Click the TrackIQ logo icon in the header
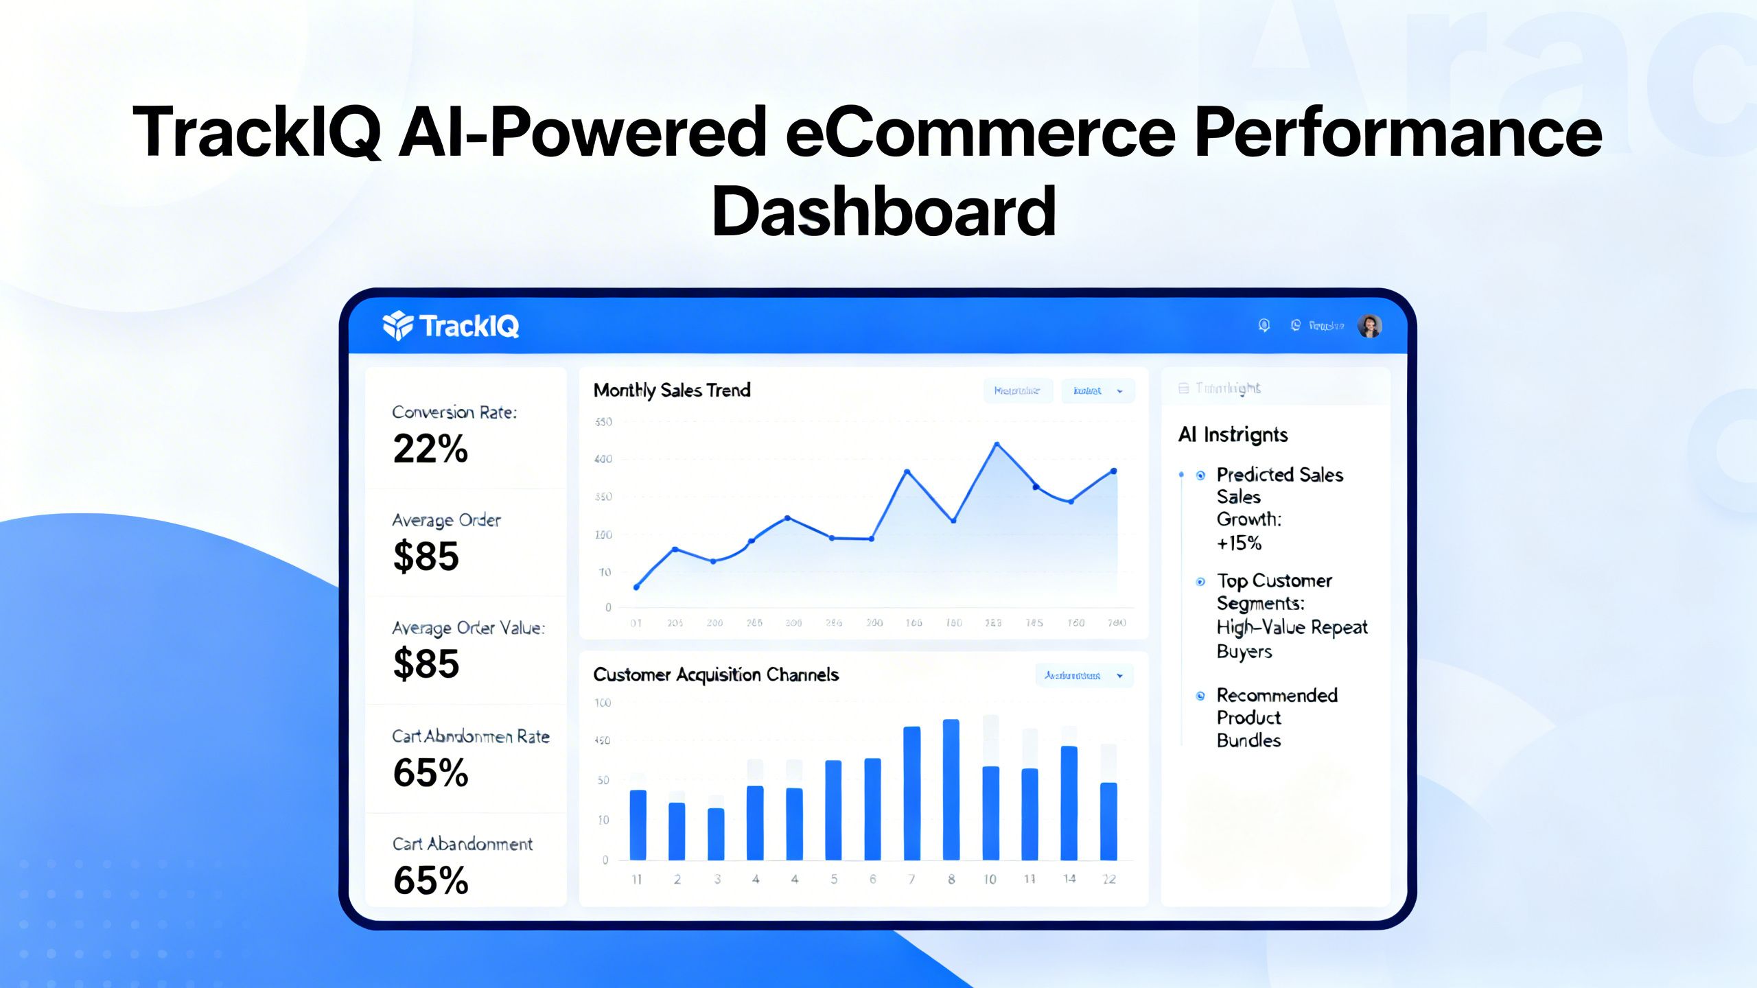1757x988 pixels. pyautogui.click(x=398, y=325)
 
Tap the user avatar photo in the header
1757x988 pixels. pyautogui.click(x=1369, y=326)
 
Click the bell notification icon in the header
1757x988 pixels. pyautogui.click(x=1264, y=325)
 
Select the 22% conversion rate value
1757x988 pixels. pyautogui.click(x=430, y=449)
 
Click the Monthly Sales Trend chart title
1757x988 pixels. pyautogui.click(x=672, y=390)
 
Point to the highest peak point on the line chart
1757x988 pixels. pyautogui.click(x=997, y=445)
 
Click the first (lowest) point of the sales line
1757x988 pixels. pyautogui.click(x=636, y=587)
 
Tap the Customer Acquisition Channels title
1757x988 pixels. pyautogui.click(x=716, y=675)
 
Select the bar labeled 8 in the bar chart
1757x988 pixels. pyautogui.click(x=951, y=790)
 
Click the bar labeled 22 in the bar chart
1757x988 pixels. pyautogui.click(x=1108, y=821)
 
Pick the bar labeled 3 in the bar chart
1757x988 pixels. pyautogui.click(x=716, y=834)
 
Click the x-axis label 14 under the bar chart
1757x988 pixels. pyautogui.click(x=1069, y=879)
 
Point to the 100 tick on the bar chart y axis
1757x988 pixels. pyautogui.click(x=603, y=703)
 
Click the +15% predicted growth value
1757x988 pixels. pyautogui.click(x=1239, y=543)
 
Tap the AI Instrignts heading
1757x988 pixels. pyautogui.click(x=1233, y=435)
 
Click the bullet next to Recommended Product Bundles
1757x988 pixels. pyautogui.click(x=1200, y=696)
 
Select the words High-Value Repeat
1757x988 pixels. pyautogui.click(x=1292, y=628)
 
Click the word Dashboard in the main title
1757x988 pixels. pyautogui.click(x=883, y=211)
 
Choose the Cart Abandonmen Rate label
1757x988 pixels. pyautogui.click(x=471, y=737)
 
